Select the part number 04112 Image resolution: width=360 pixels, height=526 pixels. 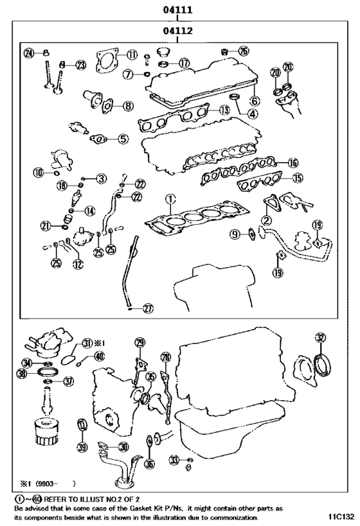click(178, 30)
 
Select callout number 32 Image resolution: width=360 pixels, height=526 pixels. click(320, 337)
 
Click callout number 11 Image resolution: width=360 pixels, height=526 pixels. click(132, 55)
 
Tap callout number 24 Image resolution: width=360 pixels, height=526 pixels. click(28, 53)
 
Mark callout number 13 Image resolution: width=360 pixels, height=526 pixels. click(223, 110)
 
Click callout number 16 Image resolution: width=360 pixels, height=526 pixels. click(292, 162)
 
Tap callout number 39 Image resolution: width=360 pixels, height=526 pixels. click(82, 447)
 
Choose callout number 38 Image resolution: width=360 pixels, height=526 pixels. click(22, 374)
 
